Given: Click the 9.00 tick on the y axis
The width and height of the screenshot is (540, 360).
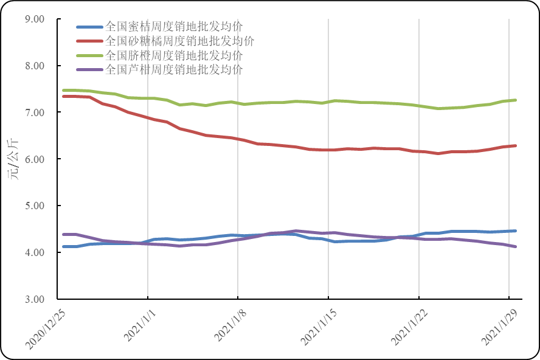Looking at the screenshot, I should coord(35,19).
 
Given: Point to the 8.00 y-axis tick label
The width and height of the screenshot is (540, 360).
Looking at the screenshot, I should coord(35,66).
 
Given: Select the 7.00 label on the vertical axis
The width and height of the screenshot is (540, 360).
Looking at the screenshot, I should coord(35,112).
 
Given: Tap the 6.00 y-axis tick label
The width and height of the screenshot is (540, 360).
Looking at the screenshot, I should coord(35,159).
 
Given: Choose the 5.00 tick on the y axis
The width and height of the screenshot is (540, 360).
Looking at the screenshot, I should coord(35,206).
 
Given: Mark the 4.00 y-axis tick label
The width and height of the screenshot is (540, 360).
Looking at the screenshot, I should coord(35,252).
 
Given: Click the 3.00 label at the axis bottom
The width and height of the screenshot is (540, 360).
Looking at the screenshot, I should coord(35,299).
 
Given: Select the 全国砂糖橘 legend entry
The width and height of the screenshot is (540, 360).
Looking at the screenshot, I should coord(179,41).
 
